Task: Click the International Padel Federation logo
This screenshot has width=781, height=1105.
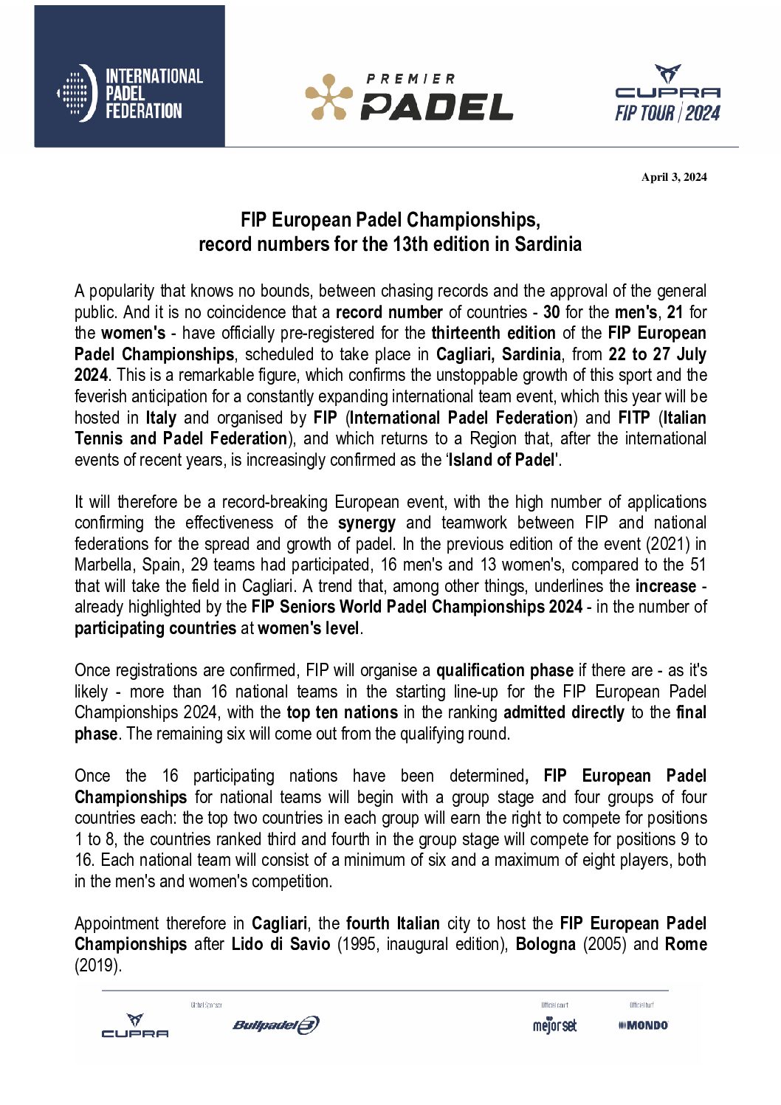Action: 130,93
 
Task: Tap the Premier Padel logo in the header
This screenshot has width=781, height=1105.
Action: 409,97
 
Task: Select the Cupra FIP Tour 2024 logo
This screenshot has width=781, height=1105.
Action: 667,94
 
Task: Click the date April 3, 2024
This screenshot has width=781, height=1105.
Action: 673,177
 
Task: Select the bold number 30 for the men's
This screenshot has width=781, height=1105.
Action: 551,312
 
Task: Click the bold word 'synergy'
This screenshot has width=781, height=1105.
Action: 366,523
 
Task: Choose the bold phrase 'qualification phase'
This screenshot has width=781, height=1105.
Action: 504,671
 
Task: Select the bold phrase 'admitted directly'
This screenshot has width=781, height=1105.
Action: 563,713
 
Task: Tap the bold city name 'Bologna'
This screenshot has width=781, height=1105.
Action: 545,945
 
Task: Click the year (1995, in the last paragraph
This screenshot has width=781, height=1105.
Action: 359,945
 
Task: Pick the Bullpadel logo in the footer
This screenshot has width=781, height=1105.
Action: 275,1025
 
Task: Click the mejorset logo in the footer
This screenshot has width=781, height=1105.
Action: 554,1025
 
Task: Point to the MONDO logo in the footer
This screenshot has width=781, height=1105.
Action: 643,1025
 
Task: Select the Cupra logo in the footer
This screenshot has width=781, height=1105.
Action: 134,1026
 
